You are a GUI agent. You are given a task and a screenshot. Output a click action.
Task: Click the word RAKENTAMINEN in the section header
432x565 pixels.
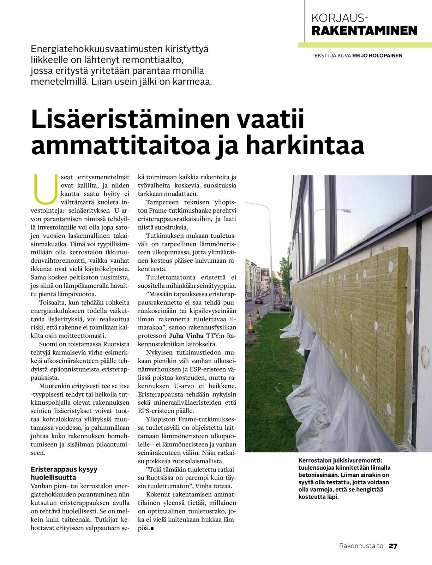point(364,31)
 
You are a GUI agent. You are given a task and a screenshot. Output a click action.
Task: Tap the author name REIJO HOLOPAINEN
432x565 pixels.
point(377,55)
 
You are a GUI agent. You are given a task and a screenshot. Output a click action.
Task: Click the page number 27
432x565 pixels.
point(393,546)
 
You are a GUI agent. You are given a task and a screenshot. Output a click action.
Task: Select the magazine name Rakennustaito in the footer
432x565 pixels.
point(361,546)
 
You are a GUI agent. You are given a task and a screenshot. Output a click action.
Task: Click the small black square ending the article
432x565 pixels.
point(152,529)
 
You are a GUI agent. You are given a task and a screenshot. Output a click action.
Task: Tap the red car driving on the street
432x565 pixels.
point(259,301)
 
